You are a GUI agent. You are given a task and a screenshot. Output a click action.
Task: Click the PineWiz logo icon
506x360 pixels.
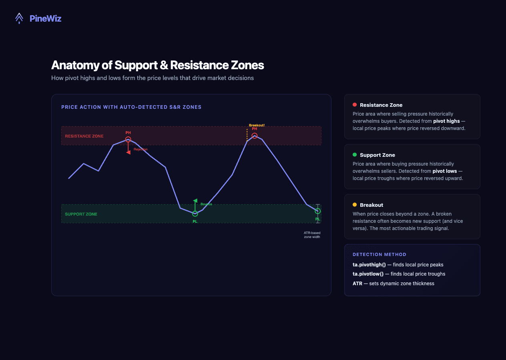(19, 18)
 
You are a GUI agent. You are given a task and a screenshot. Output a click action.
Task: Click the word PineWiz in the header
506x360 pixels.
(45, 18)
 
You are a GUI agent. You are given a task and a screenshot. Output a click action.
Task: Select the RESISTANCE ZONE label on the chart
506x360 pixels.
(84, 136)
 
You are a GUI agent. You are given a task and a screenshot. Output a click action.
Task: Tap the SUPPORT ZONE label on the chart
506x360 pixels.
(81, 214)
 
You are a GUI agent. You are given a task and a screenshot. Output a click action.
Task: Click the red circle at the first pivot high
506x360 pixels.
(128, 140)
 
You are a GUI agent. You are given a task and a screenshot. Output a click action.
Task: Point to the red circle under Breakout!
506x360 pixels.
(255, 136)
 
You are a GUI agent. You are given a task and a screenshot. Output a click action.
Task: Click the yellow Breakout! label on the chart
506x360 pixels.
(257, 125)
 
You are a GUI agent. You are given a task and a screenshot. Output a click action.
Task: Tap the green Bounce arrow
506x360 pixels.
(195, 204)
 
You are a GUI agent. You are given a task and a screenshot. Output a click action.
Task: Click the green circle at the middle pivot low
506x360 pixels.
(195, 214)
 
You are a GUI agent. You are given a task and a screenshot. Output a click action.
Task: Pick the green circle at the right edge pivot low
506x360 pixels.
(317, 211)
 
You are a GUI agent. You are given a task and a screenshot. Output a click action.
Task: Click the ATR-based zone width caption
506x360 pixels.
(312, 235)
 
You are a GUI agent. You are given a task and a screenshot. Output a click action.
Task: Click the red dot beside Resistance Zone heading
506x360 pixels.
(355, 105)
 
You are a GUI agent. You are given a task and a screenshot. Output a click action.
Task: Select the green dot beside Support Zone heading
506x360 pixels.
(355, 155)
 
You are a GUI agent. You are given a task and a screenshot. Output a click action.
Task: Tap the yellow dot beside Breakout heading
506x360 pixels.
(355, 205)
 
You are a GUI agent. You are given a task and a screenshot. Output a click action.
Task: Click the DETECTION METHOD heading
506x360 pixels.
(379, 254)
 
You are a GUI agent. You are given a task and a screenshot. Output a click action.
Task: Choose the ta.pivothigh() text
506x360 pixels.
(369, 265)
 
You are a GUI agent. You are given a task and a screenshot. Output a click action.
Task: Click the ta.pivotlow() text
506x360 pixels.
(368, 274)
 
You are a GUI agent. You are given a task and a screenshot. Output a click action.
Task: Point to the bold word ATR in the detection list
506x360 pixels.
(357, 284)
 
